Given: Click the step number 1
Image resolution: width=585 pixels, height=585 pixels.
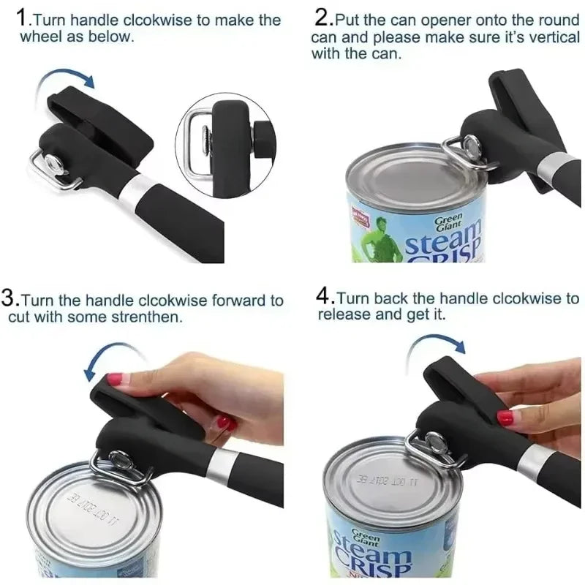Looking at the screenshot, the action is click(x=24, y=18).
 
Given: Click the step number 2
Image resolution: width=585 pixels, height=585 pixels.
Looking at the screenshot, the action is click(x=322, y=18).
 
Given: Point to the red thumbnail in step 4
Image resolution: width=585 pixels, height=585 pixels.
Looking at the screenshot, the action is click(x=505, y=418).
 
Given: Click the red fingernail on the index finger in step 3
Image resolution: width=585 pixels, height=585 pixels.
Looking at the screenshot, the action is click(x=115, y=380).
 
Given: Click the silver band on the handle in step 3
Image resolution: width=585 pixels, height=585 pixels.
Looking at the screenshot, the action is click(x=222, y=464).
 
